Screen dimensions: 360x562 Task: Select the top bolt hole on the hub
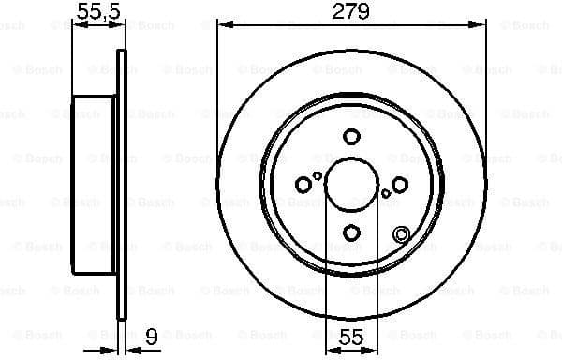(351, 135)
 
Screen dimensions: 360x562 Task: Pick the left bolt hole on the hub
(303, 184)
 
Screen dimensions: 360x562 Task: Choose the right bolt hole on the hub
(399, 184)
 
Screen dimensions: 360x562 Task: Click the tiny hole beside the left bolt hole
(318, 174)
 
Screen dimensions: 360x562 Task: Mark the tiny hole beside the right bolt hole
(385, 193)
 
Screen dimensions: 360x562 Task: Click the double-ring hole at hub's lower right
(401, 234)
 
